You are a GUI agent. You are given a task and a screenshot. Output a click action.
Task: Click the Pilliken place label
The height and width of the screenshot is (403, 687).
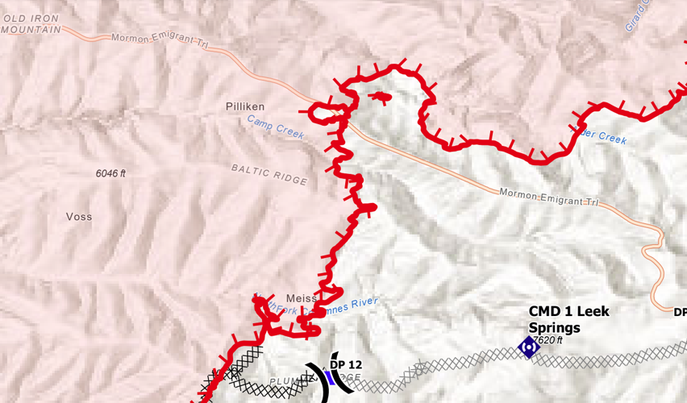245,106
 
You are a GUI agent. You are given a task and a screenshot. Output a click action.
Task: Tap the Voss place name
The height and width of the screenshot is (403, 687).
79,217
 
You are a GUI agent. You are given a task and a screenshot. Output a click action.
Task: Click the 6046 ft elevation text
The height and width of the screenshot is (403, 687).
110,173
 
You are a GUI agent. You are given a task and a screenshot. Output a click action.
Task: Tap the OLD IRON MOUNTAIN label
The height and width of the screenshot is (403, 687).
31,24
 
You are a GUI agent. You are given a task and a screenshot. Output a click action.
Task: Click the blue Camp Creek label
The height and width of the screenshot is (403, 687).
276,127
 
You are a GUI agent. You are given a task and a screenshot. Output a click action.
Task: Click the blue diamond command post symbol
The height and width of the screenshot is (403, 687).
528,347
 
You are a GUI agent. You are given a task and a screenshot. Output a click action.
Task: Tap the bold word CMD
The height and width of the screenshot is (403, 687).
545,311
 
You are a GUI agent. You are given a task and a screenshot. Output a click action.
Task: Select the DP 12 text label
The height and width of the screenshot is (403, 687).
346,365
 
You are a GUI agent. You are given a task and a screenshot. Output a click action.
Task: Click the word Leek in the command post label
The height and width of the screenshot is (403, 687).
593,311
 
